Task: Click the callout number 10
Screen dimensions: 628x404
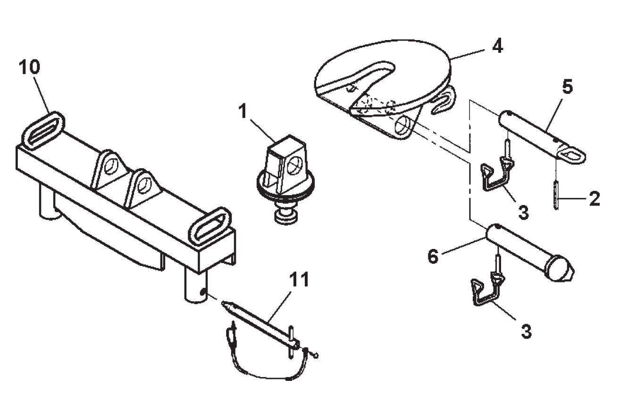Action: (x=30, y=67)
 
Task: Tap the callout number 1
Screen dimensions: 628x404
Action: (x=243, y=111)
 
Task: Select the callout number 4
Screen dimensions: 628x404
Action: (x=498, y=47)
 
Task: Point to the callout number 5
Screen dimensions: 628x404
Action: (x=567, y=87)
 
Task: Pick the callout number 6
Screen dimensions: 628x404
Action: (x=433, y=256)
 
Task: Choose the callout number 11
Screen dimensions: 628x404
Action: (x=299, y=280)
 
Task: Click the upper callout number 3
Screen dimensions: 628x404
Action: (x=523, y=212)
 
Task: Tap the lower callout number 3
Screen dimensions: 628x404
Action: (x=526, y=332)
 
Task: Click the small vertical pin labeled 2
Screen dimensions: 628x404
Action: (x=556, y=199)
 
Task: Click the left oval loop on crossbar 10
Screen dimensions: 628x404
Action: (x=43, y=131)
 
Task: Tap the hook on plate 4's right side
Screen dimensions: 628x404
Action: (x=443, y=101)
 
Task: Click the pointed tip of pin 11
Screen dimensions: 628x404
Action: (x=222, y=302)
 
